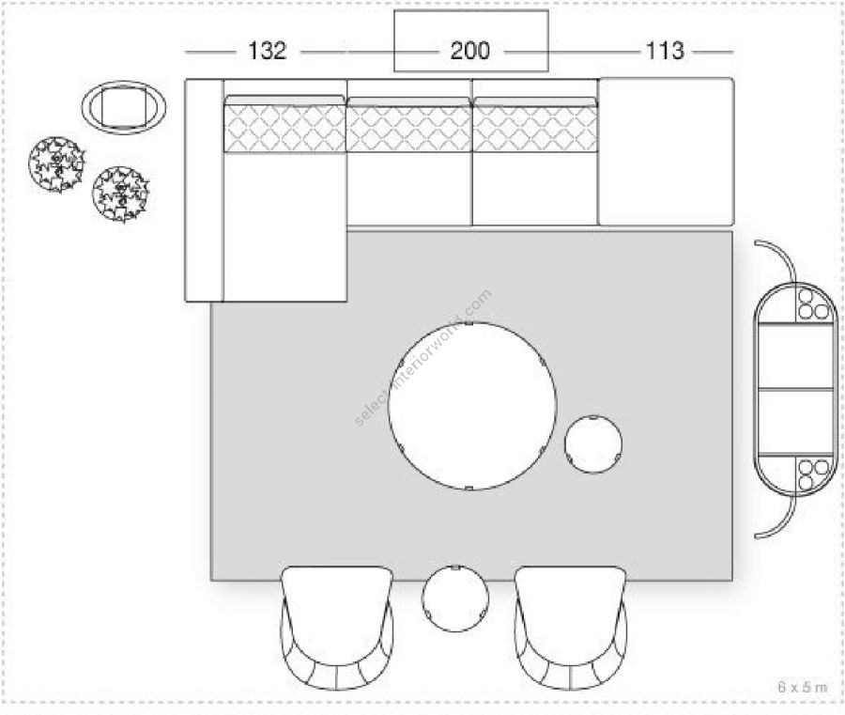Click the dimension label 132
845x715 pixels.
[x=267, y=51]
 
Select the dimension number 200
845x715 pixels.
[x=470, y=51]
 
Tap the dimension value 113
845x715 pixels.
[x=665, y=51]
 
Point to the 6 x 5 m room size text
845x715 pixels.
[x=802, y=687]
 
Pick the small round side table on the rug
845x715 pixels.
[x=593, y=444]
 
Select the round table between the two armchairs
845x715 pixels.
[x=456, y=598]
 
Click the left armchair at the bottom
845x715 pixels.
[x=337, y=628]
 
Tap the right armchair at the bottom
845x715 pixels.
[x=571, y=628]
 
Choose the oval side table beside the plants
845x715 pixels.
[x=124, y=107]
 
